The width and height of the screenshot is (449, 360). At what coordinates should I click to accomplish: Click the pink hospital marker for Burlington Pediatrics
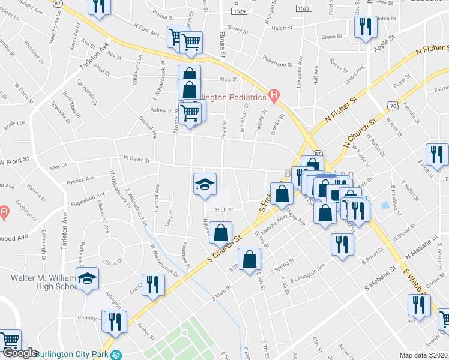coord(274,94)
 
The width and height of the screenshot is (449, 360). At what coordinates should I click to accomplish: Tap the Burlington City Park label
coord(74,353)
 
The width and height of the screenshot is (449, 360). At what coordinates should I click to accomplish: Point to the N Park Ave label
coord(146,29)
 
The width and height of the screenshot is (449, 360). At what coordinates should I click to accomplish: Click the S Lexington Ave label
coord(309,274)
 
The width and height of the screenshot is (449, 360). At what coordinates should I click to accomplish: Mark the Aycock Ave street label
coord(80,179)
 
